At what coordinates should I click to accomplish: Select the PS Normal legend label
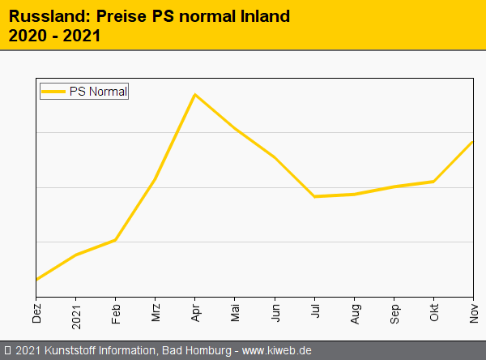coord(98,92)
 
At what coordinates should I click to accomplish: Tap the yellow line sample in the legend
coord(54,92)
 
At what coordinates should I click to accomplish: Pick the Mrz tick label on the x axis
coord(156,313)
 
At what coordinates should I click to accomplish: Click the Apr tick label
coord(195,313)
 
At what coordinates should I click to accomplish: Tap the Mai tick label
coord(235,313)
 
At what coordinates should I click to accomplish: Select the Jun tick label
coord(275,313)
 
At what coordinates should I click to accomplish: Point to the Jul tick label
coord(315,312)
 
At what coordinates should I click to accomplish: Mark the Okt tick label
coord(434,313)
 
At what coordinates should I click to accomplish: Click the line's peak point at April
coord(195,95)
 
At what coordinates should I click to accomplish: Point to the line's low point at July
coord(314,196)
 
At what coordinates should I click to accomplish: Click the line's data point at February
coord(116,240)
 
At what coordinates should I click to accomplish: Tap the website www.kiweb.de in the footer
coord(277,350)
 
